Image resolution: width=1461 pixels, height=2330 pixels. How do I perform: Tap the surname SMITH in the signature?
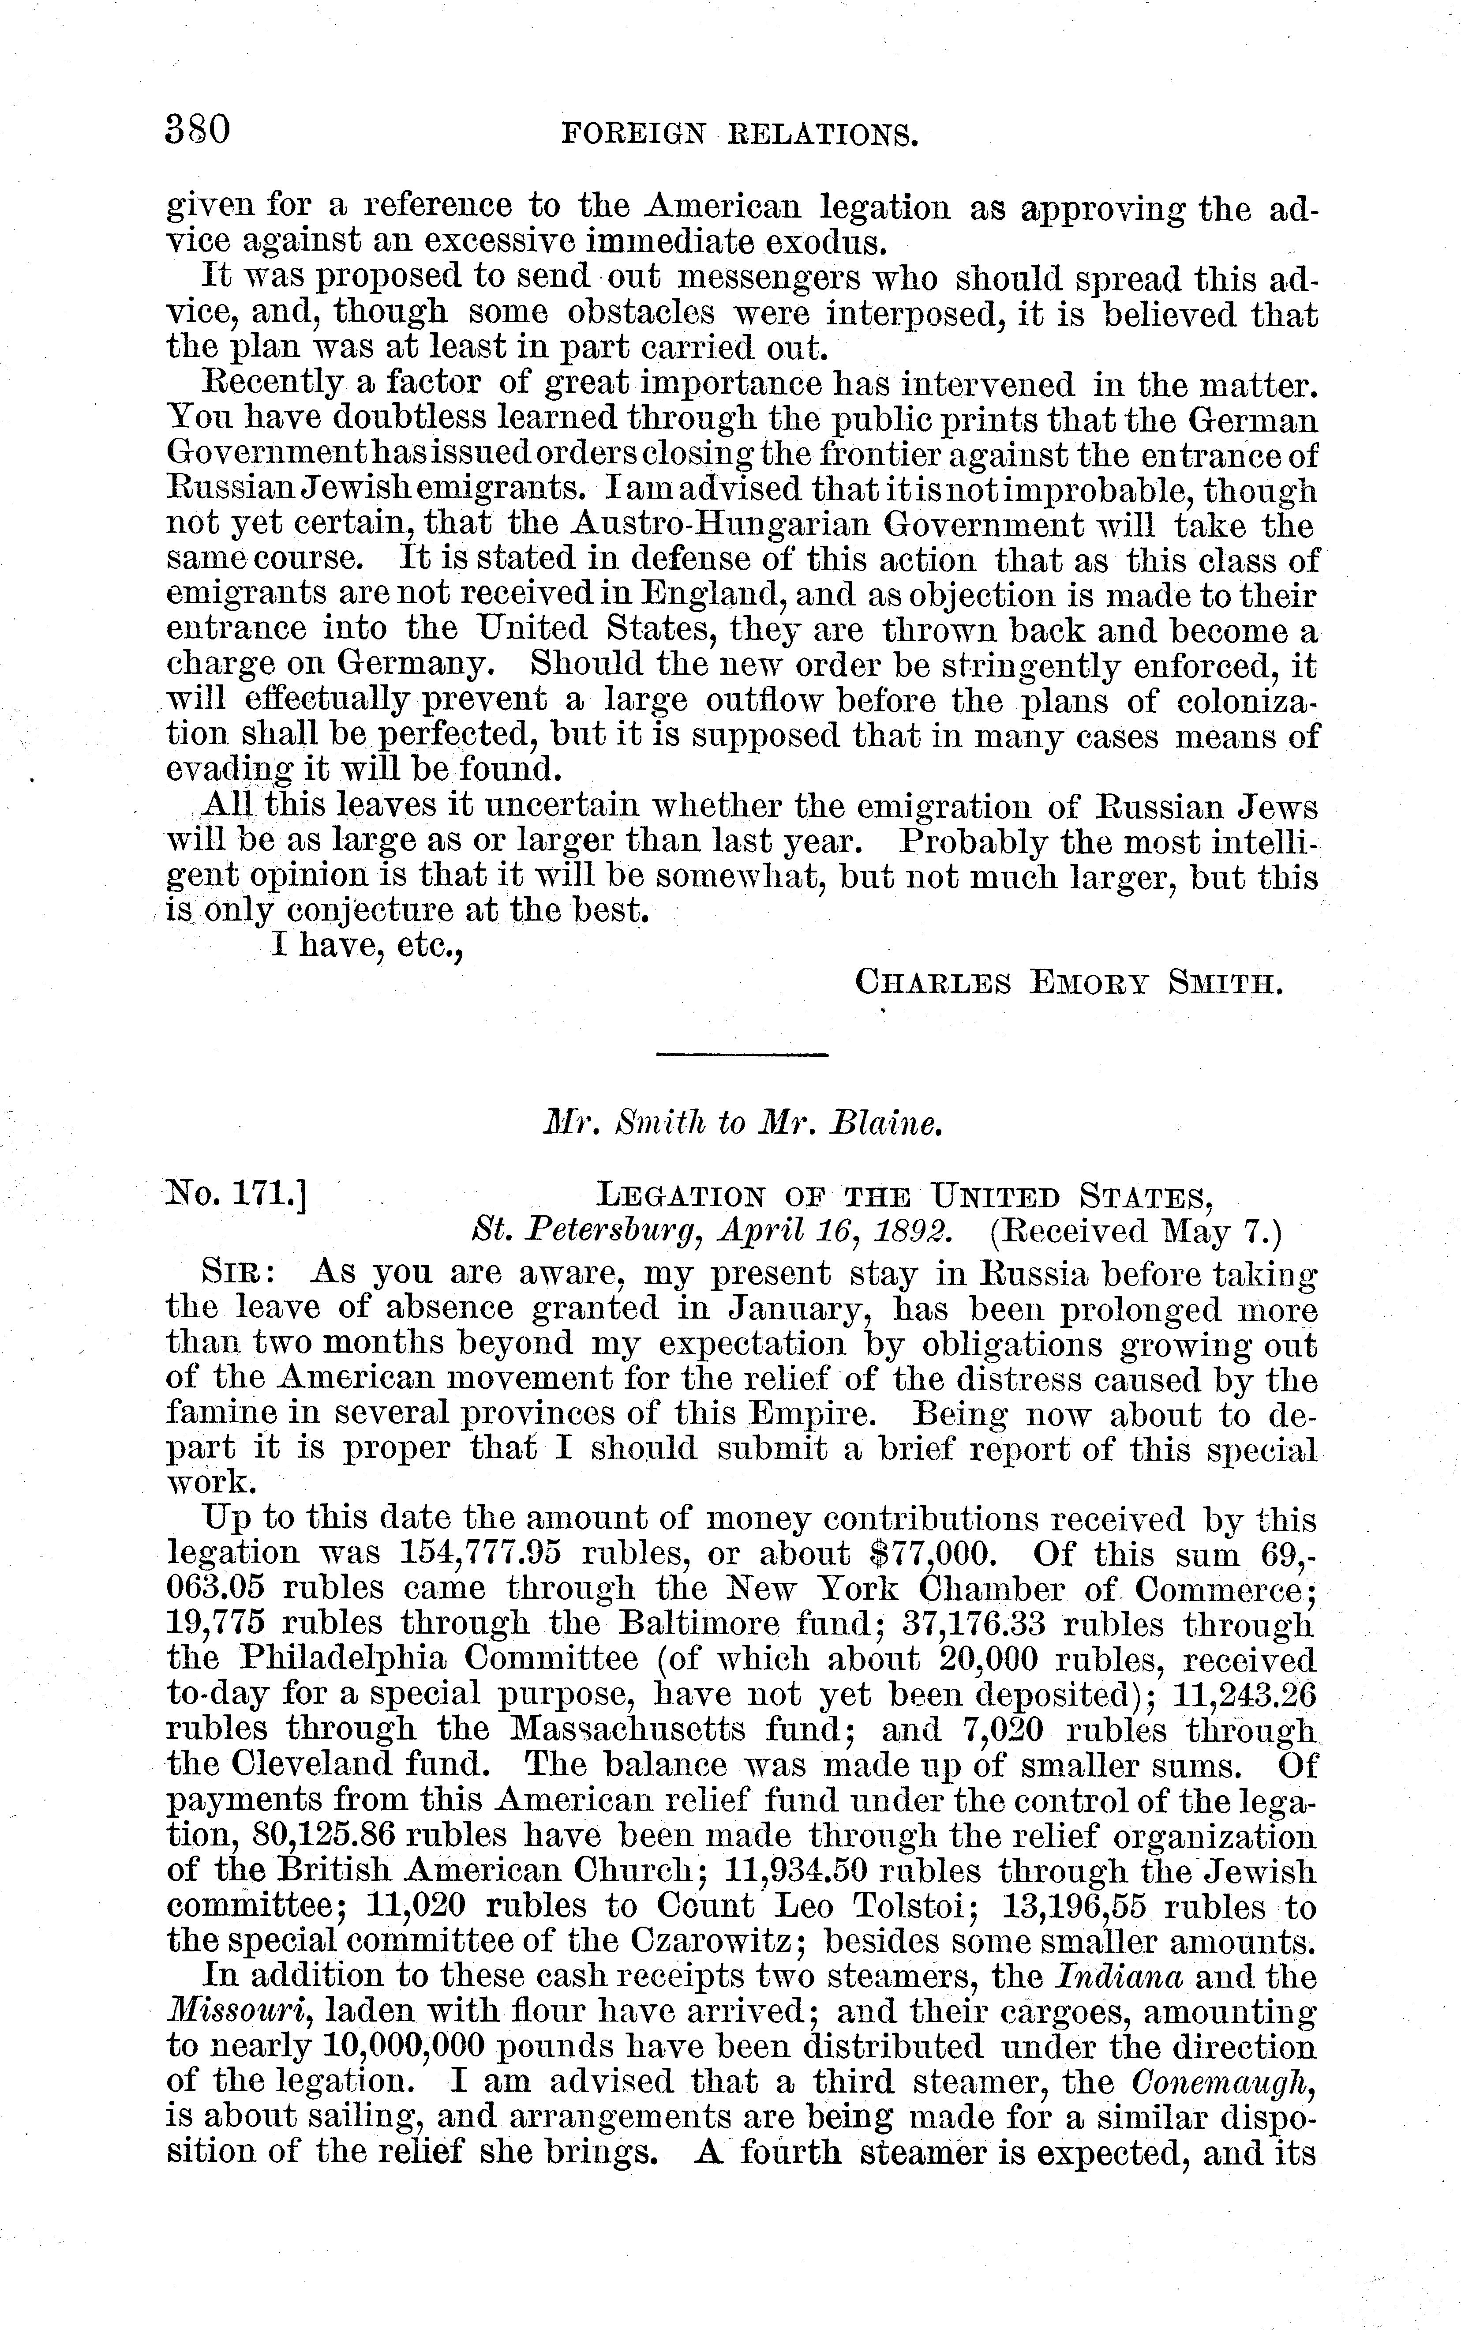coord(1225,984)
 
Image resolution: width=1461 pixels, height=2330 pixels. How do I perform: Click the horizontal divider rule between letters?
coord(742,1053)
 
